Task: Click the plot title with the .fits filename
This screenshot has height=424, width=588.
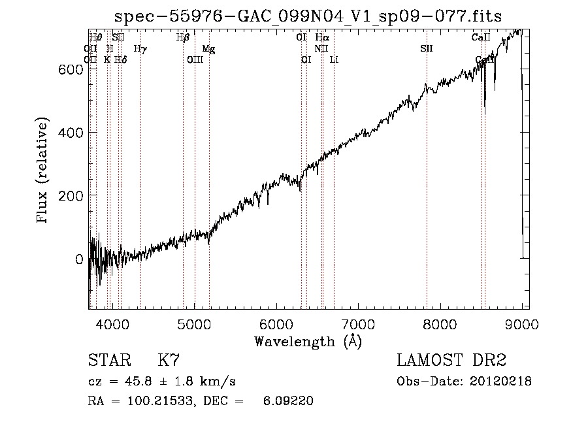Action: pyautogui.click(x=308, y=16)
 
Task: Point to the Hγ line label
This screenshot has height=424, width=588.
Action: pyautogui.click(x=140, y=49)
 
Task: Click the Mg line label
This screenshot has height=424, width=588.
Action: pyautogui.click(x=208, y=49)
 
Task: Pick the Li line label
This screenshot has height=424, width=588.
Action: pyautogui.click(x=334, y=60)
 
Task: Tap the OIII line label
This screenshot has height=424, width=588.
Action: pyautogui.click(x=195, y=60)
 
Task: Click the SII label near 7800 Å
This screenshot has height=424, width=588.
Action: pyautogui.click(x=427, y=49)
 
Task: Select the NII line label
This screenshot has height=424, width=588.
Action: pyautogui.click(x=321, y=49)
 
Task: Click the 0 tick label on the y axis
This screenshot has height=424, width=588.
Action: pyautogui.click(x=78, y=259)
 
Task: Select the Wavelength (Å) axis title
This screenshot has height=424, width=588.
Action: pyautogui.click(x=308, y=341)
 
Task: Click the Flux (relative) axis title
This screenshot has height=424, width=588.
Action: pyautogui.click(x=44, y=171)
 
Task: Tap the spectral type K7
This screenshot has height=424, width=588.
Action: pyautogui.click(x=169, y=361)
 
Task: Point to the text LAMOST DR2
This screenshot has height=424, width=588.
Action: pyautogui.click(x=451, y=361)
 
